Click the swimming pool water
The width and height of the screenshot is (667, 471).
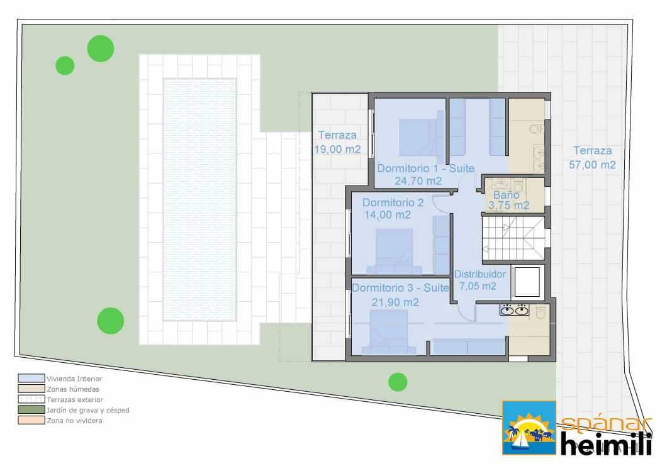pos(199,198)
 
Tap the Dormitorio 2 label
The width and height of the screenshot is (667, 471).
pos(393,202)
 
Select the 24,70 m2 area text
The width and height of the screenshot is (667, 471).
pos(418,180)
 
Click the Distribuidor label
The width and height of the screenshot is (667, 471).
pos(479,274)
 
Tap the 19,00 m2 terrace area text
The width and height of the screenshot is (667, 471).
pos(337,150)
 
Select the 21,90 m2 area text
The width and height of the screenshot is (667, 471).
pos(395,302)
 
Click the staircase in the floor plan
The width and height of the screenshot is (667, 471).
pos(512,238)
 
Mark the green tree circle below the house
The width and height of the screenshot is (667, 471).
pos(398,382)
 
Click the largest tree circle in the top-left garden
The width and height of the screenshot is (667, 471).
pos(101,48)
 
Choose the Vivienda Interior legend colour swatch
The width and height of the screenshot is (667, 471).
pos(31,379)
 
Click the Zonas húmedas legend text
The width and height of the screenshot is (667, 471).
pos(72,389)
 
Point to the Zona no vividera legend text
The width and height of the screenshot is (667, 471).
pos(74,421)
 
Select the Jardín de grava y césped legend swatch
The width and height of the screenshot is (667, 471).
pos(31,410)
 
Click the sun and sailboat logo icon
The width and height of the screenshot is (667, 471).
pos(529,428)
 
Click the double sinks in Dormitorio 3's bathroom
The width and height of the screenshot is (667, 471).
pos(513,310)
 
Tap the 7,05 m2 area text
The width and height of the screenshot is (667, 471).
pos(478,286)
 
